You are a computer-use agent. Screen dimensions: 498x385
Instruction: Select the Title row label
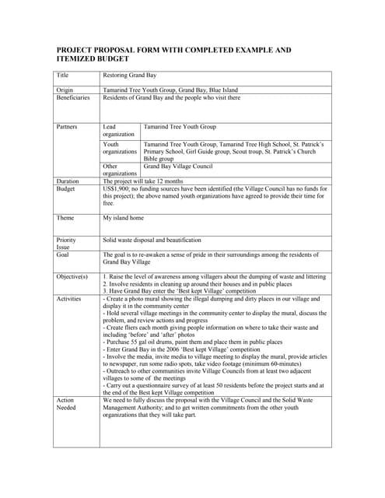(63, 75)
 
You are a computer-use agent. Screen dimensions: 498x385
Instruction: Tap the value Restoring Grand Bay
(130, 75)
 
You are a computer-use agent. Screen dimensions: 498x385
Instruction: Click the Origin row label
(65, 91)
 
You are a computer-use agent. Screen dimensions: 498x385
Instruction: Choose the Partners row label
(68, 126)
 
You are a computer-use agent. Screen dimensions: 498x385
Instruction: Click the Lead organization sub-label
(118, 130)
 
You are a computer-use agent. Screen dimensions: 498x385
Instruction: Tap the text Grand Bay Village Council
(178, 166)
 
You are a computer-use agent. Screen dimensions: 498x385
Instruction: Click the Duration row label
(68, 181)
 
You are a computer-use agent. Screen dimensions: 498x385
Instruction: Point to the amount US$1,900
(121, 188)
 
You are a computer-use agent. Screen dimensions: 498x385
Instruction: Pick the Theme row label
(65, 218)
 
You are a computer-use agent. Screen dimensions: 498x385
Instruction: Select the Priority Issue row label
(67, 244)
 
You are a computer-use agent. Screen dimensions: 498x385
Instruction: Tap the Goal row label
(63, 254)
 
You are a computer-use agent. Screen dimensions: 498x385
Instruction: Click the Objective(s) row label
(72, 276)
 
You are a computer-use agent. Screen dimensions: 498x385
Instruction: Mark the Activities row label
(70, 298)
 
